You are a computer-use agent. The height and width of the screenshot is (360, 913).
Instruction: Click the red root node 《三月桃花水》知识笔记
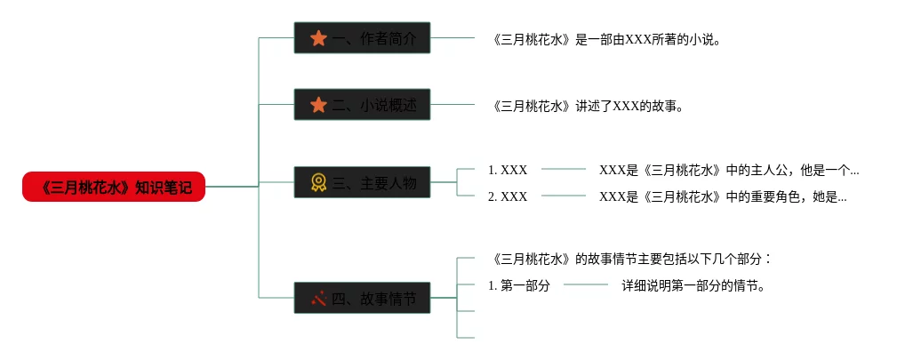pyautogui.click(x=114, y=187)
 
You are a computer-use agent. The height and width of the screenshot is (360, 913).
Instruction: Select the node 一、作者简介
pyautogui.click(x=362, y=38)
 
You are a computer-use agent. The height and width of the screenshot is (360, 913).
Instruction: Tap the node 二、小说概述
pyautogui.click(x=362, y=105)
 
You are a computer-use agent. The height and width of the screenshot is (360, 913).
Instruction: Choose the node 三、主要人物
pyautogui.click(x=362, y=183)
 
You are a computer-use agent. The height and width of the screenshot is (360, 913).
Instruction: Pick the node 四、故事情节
pyautogui.click(x=362, y=298)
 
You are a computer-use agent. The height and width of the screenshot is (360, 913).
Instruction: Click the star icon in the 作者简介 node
pyautogui.click(x=318, y=38)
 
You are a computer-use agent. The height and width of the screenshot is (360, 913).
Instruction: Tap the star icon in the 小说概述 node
pyautogui.click(x=318, y=105)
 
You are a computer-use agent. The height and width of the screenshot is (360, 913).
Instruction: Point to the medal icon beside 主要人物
pyautogui.click(x=318, y=183)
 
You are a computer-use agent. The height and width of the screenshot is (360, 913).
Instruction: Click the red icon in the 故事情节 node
pyautogui.click(x=318, y=298)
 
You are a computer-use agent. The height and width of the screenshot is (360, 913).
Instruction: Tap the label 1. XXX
pyautogui.click(x=508, y=169)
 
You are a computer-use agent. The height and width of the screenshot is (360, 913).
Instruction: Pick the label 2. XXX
pyautogui.click(x=508, y=196)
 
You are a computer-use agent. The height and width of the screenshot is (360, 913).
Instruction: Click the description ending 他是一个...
pyautogui.click(x=728, y=169)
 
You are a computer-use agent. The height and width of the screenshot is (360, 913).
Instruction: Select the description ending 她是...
pyautogui.click(x=722, y=196)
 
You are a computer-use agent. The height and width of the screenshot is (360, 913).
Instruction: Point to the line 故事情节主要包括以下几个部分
pyautogui.click(x=630, y=259)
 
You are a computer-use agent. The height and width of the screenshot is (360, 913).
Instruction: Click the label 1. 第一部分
pyautogui.click(x=519, y=285)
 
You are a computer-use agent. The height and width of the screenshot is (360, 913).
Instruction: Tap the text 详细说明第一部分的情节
pyautogui.click(x=693, y=285)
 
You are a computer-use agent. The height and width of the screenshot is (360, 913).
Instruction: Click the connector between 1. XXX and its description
pyautogui.click(x=564, y=169)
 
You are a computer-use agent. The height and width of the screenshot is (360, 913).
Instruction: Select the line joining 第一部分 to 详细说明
pyautogui.click(x=586, y=285)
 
